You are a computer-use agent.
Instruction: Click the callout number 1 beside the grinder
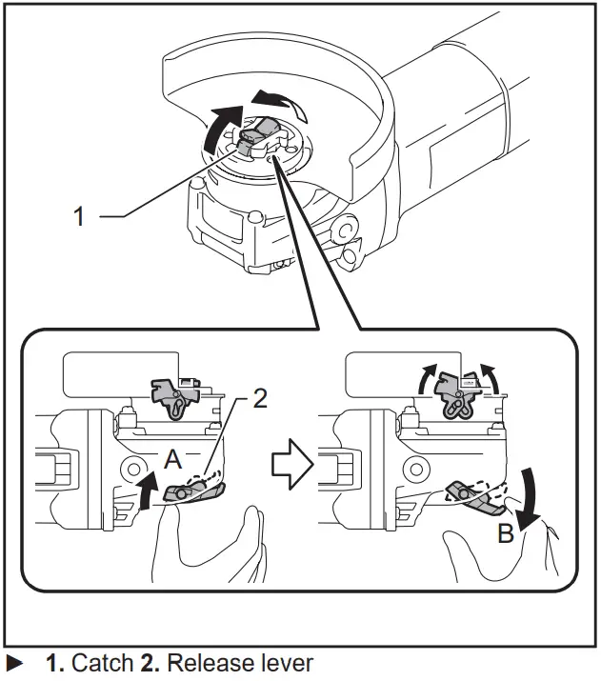[80, 215]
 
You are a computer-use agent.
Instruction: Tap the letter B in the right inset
[506, 533]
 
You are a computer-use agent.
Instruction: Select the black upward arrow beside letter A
[148, 494]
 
